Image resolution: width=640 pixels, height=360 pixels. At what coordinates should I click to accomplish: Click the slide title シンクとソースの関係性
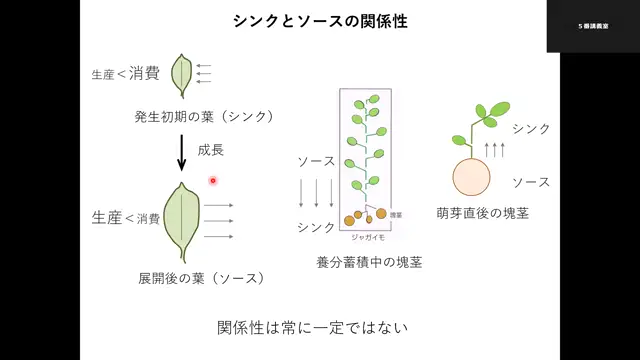point(321,19)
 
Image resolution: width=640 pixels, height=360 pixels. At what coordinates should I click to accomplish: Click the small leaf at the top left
point(182,73)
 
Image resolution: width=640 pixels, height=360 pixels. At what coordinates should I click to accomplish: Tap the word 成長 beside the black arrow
point(211,150)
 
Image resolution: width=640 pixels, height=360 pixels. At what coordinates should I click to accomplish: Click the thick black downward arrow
point(181,151)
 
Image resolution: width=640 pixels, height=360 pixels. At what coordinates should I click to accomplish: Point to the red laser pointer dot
point(213,180)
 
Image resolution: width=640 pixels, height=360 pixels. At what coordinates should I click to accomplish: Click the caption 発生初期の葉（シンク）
point(203,116)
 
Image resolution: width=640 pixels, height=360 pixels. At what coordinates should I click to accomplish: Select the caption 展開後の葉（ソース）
point(202,277)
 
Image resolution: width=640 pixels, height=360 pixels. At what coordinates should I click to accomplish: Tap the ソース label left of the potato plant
point(316,161)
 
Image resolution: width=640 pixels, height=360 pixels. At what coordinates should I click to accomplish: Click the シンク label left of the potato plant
point(316,227)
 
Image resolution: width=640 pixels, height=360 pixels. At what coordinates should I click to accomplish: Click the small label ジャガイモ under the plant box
point(367,238)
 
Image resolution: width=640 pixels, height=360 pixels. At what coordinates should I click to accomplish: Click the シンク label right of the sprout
point(531,129)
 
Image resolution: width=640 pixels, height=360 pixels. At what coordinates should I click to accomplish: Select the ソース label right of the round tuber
point(531,182)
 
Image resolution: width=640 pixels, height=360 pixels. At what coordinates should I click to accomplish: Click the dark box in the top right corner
point(592,26)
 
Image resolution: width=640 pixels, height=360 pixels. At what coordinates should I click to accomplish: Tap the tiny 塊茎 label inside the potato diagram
point(396,215)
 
